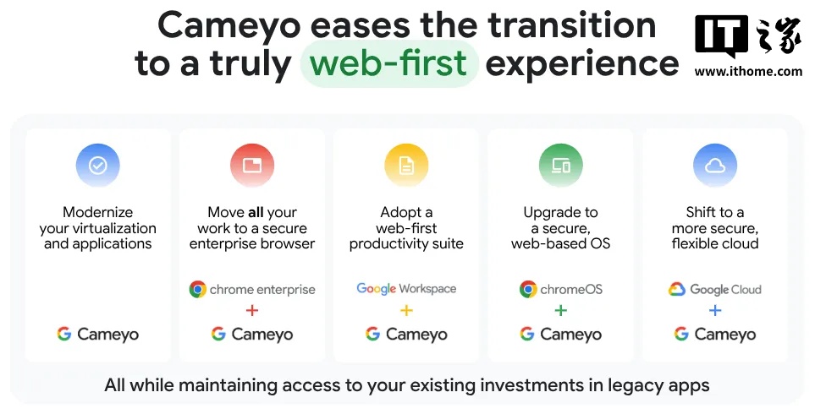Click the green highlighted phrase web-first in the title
[x=389, y=64]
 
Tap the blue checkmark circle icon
[x=98, y=165]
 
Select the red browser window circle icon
[x=252, y=165]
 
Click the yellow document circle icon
[x=406, y=165]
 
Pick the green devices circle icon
[x=560, y=165]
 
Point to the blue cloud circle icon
[x=715, y=165]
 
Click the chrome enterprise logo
[x=252, y=289]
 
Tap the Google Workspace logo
[x=406, y=289]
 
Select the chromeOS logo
[x=560, y=289]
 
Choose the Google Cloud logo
[x=715, y=289]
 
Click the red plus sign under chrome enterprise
[x=252, y=311]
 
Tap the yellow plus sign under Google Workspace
[x=406, y=311]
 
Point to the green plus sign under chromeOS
[x=560, y=311]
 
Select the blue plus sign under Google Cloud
[x=715, y=311]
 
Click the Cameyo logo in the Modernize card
[x=98, y=334]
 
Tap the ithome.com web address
[x=748, y=72]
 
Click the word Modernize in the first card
[x=98, y=212]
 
